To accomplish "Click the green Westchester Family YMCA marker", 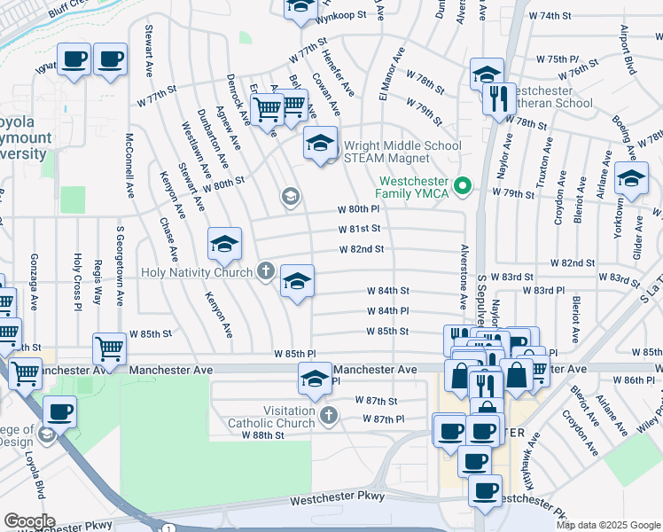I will [461, 187].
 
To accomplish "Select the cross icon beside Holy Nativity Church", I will [266, 271].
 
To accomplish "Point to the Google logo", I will [29, 520].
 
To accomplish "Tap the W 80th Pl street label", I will [358, 210].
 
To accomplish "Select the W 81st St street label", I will [359, 229].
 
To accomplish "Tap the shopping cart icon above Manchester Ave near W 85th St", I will [110, 348].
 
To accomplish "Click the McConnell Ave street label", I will [129, 166].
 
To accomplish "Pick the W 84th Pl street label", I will [387, 311].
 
